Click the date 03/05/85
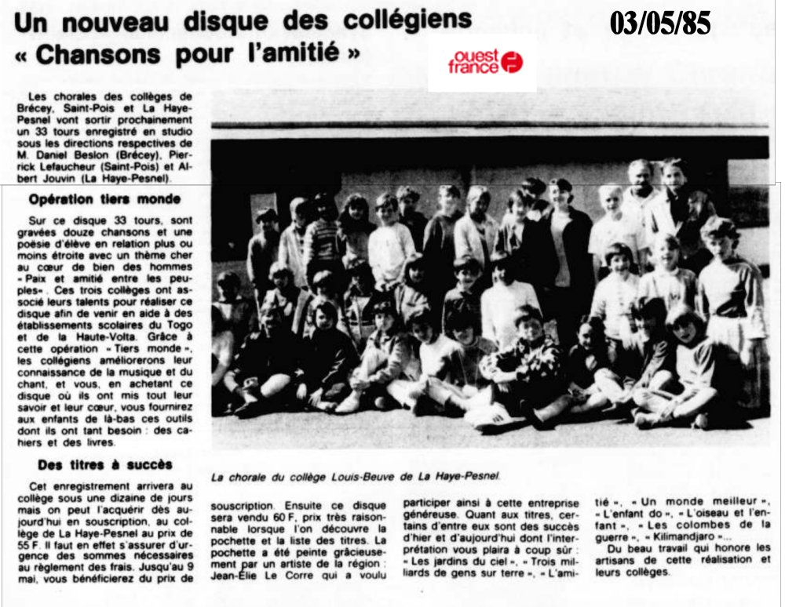click(660, 24)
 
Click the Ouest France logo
click(484, 63)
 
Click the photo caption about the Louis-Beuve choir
click(356, 476)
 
